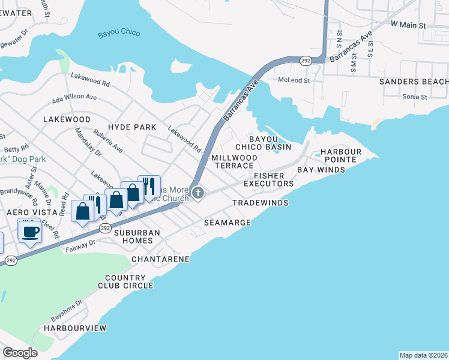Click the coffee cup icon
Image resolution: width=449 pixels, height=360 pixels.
[30, 231]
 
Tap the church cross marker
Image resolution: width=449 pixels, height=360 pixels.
[199, 193]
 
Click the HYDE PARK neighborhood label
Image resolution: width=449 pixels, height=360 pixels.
[132, 127]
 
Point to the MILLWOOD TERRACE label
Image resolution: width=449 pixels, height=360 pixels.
[235, 161]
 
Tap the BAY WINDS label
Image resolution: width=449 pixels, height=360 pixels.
[321, 170]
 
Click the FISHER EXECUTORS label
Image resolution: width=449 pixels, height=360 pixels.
[268, 179]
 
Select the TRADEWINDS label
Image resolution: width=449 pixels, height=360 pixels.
[261, 203]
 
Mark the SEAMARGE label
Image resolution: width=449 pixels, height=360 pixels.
[227, 223]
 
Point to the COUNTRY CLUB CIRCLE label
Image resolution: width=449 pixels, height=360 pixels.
[129, 282]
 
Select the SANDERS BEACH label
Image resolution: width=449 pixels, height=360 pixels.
[413, 82]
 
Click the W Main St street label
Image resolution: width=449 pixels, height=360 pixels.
[408, 26]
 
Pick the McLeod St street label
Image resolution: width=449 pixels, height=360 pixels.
[294, 80]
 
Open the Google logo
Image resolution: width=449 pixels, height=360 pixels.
[20, 352]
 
